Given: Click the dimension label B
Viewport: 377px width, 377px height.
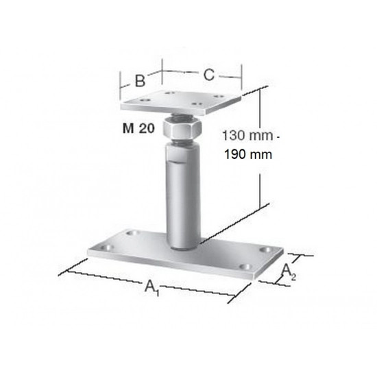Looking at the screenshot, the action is click(x=140, y=81).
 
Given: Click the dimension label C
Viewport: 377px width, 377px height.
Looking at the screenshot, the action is click(x=208, y=75).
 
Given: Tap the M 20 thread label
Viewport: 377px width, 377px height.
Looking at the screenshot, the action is click(x=138, y=128).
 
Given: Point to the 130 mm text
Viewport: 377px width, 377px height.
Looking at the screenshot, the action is click(x=247, y=136).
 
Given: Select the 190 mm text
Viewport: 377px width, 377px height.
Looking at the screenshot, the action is click(x=248, y=154).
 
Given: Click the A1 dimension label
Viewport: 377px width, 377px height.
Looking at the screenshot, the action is click(x=151, y=287).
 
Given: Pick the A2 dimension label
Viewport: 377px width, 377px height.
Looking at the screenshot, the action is click(x=289, y=271).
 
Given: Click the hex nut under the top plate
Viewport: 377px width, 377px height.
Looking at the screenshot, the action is click(x=182, y=130).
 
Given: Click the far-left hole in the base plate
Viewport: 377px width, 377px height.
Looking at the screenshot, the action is click(x=107, y=247).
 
